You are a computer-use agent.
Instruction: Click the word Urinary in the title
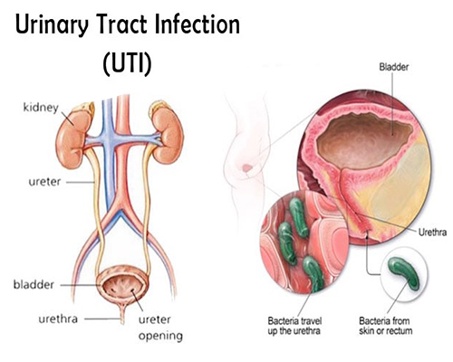pyautogui.click(x=52, y=24)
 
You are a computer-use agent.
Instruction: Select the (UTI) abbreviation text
pyautogui.click(x=127, y=64)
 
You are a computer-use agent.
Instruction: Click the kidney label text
pyautogui.click(x=41, y=108)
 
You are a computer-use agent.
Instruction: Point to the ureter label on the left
pyautogui.click(x=44, y=182)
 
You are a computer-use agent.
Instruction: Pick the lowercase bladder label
pyautogui.click(x=34, y=284)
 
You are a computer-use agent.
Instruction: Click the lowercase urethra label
pyautogui.click(x=58, y=319)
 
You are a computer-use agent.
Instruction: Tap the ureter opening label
pyautogui.click(x=160, y=328)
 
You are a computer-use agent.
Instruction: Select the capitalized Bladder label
pyautogui.click(x=394, y=67)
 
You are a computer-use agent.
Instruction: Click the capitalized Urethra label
pyautogui.click(x=432, y=233)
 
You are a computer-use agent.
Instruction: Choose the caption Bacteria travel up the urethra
pyautogui.click(x=294, y=326)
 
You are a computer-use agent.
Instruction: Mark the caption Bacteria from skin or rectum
pyautogui.click(x=385, y=326)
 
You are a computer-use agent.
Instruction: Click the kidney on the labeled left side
pyautogui.click(x=73, y=138)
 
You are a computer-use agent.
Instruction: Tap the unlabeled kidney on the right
pyautogui.click(x=167, y=134)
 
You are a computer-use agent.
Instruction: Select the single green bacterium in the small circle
pyautogui.click(x=403, y=272)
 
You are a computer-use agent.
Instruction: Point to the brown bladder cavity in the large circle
pyautogui.click(x=364, y=139)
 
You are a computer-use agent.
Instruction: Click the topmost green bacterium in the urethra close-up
pyautogui.click(x=298, y=217)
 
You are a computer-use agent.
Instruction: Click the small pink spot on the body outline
pyautogui.click(x=247, y=167)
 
